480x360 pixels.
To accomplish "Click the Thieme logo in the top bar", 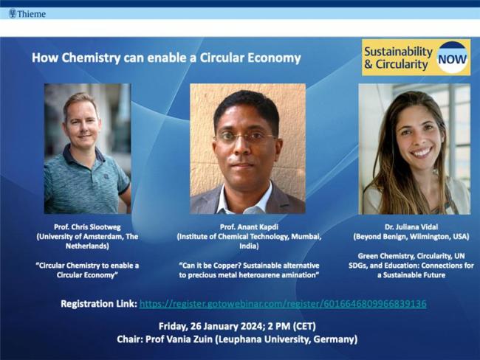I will click(x=27, y=13).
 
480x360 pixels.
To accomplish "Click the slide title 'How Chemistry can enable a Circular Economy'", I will click(x=166, y=58).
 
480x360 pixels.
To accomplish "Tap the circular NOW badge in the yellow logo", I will click(x=451, y=58).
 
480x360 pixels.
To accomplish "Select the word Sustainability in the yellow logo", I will click(x=397, y=51).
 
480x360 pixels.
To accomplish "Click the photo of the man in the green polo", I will click(x=87, y=148).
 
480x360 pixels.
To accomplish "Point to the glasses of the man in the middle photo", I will click(x=245, y=137).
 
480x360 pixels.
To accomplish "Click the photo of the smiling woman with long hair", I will click(x=414, y=148).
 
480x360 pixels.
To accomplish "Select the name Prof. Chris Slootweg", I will click(x=87, y=226).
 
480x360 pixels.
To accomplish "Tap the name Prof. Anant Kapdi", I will click(x=247, y=226).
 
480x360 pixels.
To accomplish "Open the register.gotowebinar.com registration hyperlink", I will click(x=282, y=304).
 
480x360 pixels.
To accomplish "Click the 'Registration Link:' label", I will click(x=97, y=304).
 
